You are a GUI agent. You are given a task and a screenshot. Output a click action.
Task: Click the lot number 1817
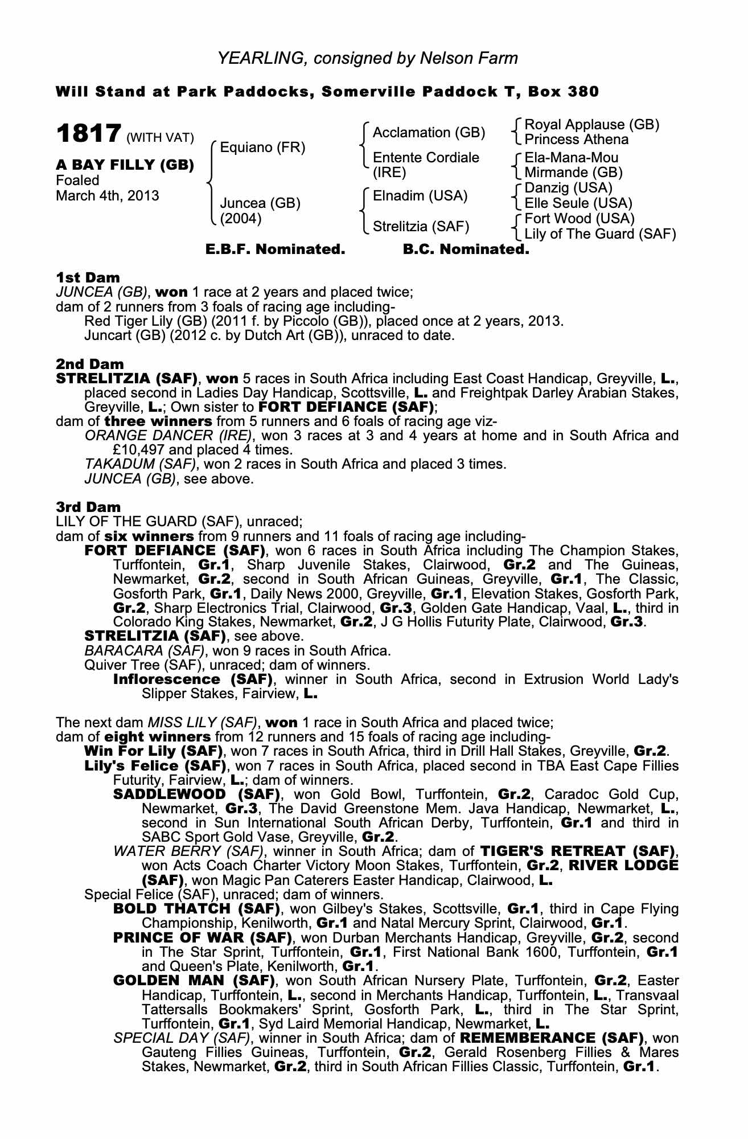[x=88, y=134]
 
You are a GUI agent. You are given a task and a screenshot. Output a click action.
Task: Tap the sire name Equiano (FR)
[x=262, y=148]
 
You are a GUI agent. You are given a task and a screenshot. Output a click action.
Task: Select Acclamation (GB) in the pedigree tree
[x=429, y=133]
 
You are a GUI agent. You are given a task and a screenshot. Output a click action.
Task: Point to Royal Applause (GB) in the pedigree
[x=591, y=125]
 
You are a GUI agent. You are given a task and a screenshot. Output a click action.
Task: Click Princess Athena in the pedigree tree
[x=576, y=140]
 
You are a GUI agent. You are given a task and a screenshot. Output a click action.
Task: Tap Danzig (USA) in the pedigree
[x=568, y=188]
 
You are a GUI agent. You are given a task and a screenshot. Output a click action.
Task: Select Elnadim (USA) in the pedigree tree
[x=420, y=196]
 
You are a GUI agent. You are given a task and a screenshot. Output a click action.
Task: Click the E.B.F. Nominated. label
[x=276, y=249]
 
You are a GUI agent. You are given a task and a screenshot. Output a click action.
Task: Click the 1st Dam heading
[x=88, y=277]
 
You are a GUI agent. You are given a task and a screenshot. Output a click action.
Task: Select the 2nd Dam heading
[x=89, y=363]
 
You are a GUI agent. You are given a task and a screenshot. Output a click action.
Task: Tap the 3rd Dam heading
[x=88, y=507]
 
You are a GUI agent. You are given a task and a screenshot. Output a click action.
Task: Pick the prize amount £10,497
[x=143, y=449]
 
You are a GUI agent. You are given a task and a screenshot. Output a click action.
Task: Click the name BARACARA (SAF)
[x=145, y=650]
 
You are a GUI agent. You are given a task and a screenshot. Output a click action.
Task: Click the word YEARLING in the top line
[x=253, y=58]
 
